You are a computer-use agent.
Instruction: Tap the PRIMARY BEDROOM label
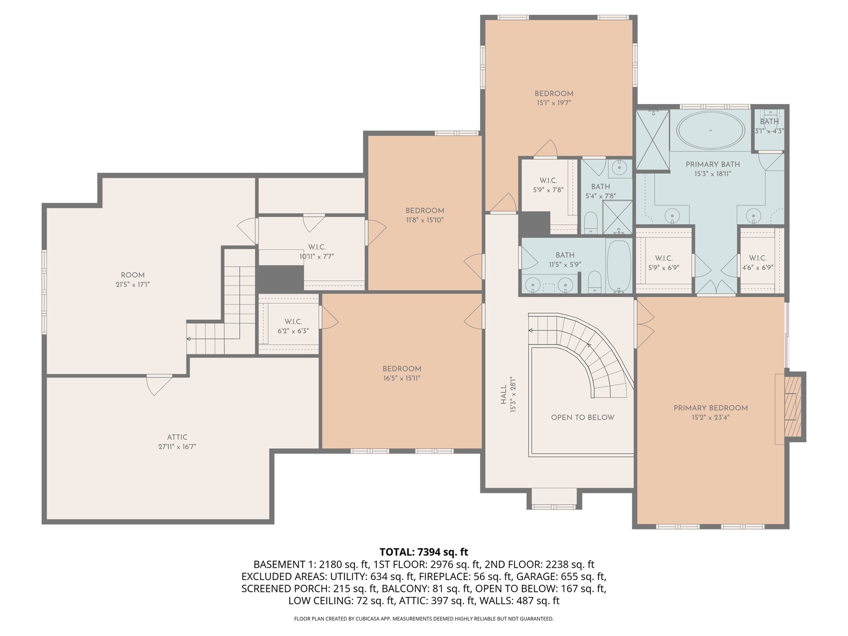pos(710,408)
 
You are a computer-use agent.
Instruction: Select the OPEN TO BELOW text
pos(582,417)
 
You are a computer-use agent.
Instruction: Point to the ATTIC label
pos(177,437)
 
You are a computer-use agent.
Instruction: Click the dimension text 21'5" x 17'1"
pos(132,284)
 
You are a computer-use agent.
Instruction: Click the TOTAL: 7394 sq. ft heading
pos(423,552)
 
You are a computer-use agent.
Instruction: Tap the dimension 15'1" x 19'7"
pos(554,102)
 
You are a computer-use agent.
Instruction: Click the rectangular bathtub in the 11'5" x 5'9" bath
pos(618,266)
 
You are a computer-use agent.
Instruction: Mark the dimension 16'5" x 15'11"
pos(402,378)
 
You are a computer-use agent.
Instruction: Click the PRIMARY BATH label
pos(713,164)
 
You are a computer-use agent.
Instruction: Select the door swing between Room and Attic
pos(159,385)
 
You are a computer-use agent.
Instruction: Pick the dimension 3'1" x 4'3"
pos(769,131)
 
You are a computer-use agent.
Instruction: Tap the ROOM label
pos(132,275)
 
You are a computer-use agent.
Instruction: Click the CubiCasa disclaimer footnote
pos(424,618)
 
